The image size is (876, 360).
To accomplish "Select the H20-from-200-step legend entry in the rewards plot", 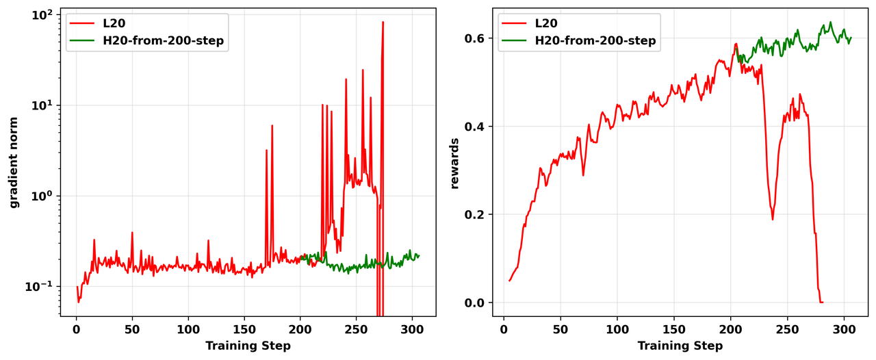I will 595,41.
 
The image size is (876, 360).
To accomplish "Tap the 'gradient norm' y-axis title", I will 13,162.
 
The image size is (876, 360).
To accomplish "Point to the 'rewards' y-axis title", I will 454,163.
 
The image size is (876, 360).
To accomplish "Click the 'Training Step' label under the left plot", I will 248,346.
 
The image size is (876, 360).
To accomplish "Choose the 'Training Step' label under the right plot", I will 680,346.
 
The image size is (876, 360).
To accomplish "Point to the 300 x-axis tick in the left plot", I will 412,330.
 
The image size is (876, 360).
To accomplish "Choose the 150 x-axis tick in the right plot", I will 674,330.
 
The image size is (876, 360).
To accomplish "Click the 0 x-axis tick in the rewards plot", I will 504,330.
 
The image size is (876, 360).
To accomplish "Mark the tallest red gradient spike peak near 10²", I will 383,22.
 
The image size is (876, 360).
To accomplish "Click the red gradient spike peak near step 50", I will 132,233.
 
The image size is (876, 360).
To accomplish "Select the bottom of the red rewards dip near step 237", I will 773,219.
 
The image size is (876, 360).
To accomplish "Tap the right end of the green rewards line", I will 851,38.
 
